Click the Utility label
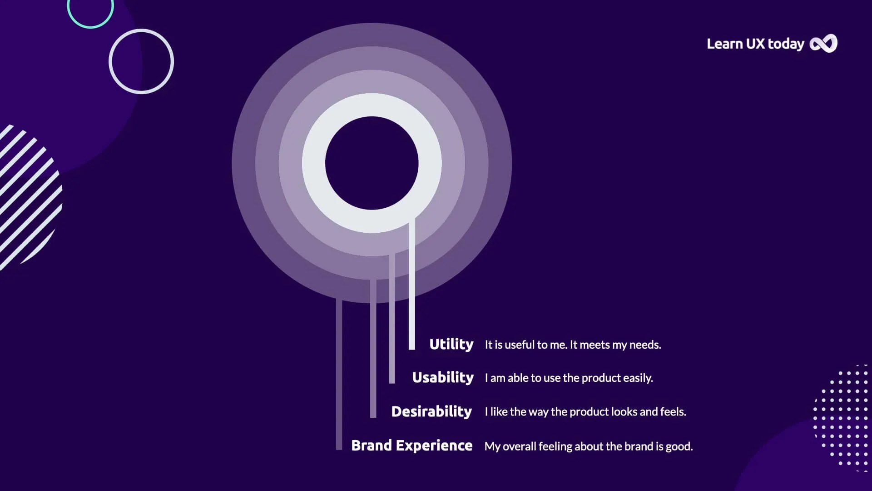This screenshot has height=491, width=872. point(451,344)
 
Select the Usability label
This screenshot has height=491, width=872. point(442,377)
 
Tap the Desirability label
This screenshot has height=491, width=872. point(431,411)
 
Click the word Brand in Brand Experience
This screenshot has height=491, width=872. point(371,445)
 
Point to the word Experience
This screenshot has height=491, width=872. point(434,446)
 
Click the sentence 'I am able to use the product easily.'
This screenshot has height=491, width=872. point(569,378)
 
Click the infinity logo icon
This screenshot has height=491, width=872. point(823,44)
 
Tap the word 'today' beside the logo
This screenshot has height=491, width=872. point(786,44)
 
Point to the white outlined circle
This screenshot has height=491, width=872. point(141,61)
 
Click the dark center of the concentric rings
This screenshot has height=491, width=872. point(372,163)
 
